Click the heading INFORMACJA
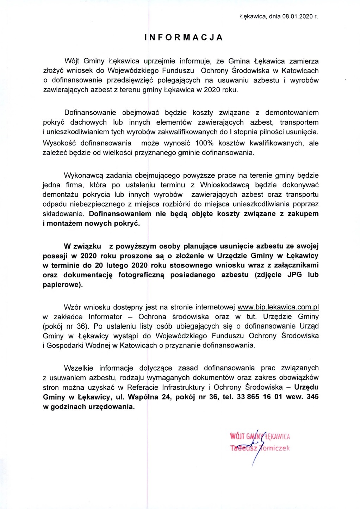point(184,38)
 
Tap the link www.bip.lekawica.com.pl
point(278,307)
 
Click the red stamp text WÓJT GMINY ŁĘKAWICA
point(260,437)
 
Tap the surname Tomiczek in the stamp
point(275,448)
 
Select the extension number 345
point(312,397)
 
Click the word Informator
point(105,317)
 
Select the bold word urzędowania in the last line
point(113,407)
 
